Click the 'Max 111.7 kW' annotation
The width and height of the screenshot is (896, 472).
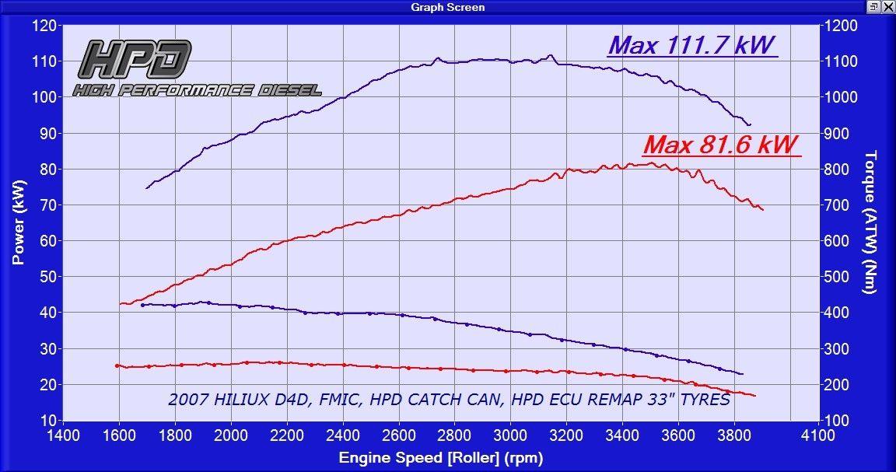(x=692, y=45)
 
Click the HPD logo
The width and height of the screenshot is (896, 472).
(x=135, y=59)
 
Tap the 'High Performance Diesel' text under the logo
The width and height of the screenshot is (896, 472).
(x=197, y=89)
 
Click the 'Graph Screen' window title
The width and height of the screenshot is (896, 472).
(x=448, y=7)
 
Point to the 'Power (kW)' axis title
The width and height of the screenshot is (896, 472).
(x=19, y=222)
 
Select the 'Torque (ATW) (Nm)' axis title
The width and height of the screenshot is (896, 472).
(x=870, y=222)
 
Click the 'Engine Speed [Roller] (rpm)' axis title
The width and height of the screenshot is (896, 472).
(x=441, y=458)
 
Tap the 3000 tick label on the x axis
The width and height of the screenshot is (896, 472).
(x=509, y=436)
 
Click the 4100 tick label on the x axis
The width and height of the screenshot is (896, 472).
(x=818, y=436)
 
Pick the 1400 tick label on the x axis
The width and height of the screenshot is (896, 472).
(x=63, y=436)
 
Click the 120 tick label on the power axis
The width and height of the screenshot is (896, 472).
(x=44, y=26)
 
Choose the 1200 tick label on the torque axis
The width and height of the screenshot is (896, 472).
(x=841, y=26)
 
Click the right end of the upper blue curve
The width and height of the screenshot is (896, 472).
(x=750, y=124)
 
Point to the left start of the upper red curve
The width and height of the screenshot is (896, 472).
(x=120, y=303)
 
